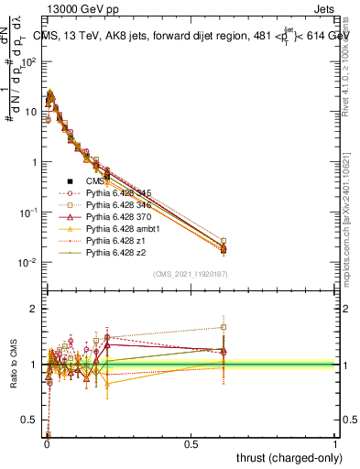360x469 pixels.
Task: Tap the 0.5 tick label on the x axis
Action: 191,443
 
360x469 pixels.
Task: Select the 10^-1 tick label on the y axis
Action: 28,213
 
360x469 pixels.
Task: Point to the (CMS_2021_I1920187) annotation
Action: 190,273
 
